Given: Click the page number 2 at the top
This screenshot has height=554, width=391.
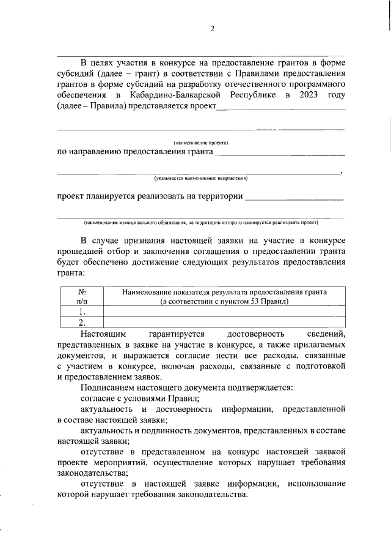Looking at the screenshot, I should tap(213, 29).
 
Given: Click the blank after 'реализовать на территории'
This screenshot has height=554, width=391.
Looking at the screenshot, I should tap(294, 198).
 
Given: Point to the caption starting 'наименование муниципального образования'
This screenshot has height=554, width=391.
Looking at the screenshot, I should tap(200, 223).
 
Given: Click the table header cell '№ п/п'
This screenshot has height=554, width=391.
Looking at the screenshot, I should tap(82, 297).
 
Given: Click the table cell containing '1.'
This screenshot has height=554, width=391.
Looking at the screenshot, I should tap(82, 312).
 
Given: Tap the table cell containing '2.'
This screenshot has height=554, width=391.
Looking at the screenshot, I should tap(82, 322).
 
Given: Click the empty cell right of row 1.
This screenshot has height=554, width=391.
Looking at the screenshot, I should tap(224, 312).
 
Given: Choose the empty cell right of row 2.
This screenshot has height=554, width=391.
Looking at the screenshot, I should tap(224, 322).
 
